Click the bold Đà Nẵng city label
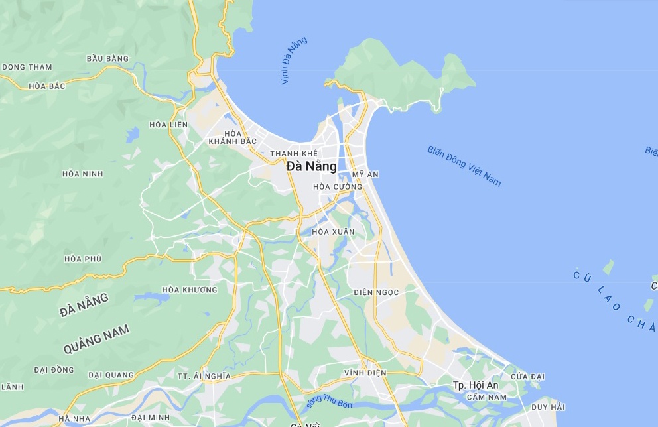tap(312, 167)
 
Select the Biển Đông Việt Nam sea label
tap(464, 166)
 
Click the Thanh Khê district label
tap(294, 154)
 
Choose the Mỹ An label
tap(365, 174)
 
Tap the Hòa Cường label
tap(338, 187)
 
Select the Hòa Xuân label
tap(333, 232)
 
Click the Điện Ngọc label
tap(376, 292)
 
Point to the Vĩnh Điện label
tap(365, 373)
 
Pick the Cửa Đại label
tap(528, 377)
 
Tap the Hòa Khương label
tap(190, 290)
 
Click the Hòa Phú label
tap(83, 259)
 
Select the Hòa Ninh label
tap(83, 174)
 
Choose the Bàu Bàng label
tap(107, 59)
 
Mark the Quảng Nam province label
tap(97, 339)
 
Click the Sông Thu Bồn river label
tap(329, 401)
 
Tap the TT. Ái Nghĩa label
tap(204, 375)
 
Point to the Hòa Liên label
tap(168, 125)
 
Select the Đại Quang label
tap(111, 375)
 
